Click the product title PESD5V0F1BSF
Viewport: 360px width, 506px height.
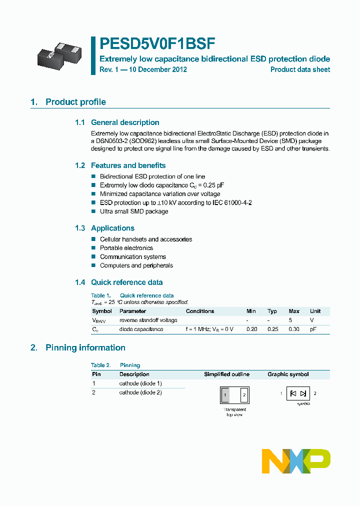click(x=158, y=44)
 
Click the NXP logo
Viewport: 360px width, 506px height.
click(x=296, y=461)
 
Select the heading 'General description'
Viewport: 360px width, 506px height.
click(x=125, y=122)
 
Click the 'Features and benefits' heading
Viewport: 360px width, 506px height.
click(x=128, y=165)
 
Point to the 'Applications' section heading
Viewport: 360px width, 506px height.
click(x=112, y=228)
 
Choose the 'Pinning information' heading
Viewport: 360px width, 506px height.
click(x=85, y=347)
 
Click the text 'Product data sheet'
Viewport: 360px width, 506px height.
click(x=300, y=69)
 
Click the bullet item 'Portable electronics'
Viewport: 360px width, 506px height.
click(x=126, y=248)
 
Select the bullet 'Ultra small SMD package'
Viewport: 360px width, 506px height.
click(x=134, y=211)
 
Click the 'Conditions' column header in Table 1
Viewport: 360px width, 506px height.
click(x=200, y=311)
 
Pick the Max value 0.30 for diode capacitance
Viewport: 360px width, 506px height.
click(x=294, y=329)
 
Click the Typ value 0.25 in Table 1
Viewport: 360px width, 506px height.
click(x=272, y=329)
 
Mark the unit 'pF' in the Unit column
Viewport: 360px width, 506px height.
click(x=313, y=329)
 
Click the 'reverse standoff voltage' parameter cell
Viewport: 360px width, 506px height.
click(x=148, y=320)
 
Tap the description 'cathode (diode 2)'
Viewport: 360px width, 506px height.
click(x=140, y=392)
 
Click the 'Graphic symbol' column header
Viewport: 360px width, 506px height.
click(x=288, y=374)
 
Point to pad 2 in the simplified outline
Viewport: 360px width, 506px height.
click(x=244, y=395)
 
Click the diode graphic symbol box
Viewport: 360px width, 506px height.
click(x=298, y=393)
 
